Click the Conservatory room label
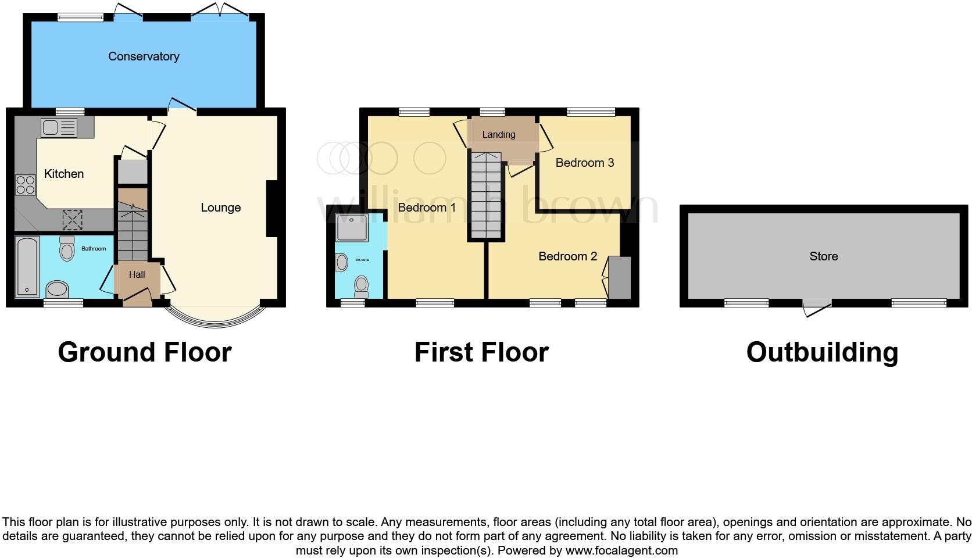click(144, 56)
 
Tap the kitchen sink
click(59, 127)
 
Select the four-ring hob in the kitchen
click(26, 185)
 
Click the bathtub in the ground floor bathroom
click(27, 267)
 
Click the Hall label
click(137, 274)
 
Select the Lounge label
click(220, 208)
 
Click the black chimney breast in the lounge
click(272, 209)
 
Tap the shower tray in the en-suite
click(352, 227)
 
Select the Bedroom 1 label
click(427, 208)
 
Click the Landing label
click(498, 134)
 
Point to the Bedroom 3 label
click(584, 163)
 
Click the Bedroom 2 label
click(567, 256)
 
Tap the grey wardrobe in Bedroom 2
click(619, 278)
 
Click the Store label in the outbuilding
click(823, 256)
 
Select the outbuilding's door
click(816, 307)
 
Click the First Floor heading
click(481, 352)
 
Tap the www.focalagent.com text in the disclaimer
click(621, 550)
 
